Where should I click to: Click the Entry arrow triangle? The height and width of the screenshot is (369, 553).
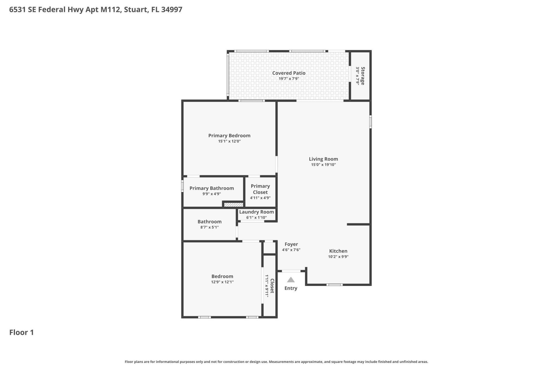click(291, 280)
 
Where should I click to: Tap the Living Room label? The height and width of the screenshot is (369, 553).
click(323, 159)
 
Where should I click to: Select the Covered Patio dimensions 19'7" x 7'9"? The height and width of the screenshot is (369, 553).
click(289, 79)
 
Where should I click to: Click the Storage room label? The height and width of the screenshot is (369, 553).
click(363, 76)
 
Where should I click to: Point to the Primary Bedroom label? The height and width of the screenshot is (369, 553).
click(229, 135)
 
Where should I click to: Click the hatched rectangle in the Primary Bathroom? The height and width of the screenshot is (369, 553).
click(234, 205)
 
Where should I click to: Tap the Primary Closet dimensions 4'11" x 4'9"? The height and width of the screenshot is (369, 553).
click(260, 198)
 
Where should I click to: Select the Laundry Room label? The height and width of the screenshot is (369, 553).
click(256, 212)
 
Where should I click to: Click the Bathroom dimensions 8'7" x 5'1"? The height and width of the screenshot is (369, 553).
click(209, 227)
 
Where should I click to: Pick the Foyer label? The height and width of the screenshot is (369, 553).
click(291, 244)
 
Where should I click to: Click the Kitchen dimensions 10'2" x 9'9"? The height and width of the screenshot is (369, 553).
click(338, 257)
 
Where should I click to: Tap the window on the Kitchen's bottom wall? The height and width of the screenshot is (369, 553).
click(334, 285)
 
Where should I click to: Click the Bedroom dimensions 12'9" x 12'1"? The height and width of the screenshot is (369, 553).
click(222, 282)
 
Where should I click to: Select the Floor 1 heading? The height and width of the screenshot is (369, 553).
click(22, 332)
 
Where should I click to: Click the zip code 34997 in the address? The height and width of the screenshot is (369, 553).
click(172, 10)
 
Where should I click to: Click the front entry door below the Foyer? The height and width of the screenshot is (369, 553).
click(291, 271)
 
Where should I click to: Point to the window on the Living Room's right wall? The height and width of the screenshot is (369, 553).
click(370, 122)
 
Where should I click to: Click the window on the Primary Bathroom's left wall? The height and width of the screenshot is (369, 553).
click(182, 186)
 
